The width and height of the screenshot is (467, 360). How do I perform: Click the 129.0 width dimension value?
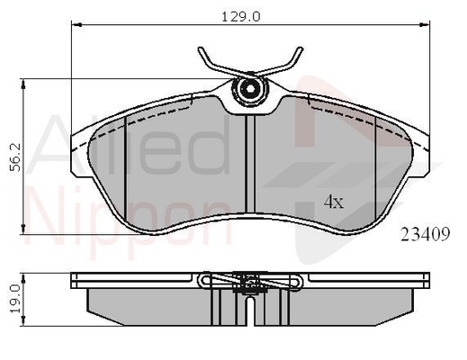pos(241,17)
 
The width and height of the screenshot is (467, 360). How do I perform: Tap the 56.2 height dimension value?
pos(15,157)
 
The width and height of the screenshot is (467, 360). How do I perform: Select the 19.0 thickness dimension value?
pos(15,299)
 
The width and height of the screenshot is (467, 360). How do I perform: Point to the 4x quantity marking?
pos(334,202)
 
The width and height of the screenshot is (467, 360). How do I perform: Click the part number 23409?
pos(426,234)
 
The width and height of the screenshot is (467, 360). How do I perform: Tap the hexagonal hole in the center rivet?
pos(249,88)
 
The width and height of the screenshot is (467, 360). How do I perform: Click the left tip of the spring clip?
pos(201,49)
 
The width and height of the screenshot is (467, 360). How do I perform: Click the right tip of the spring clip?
pos(301,49)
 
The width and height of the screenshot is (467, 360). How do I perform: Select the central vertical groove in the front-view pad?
pos(250,164)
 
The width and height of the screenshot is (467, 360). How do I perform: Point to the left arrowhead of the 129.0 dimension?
pos(76,24)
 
